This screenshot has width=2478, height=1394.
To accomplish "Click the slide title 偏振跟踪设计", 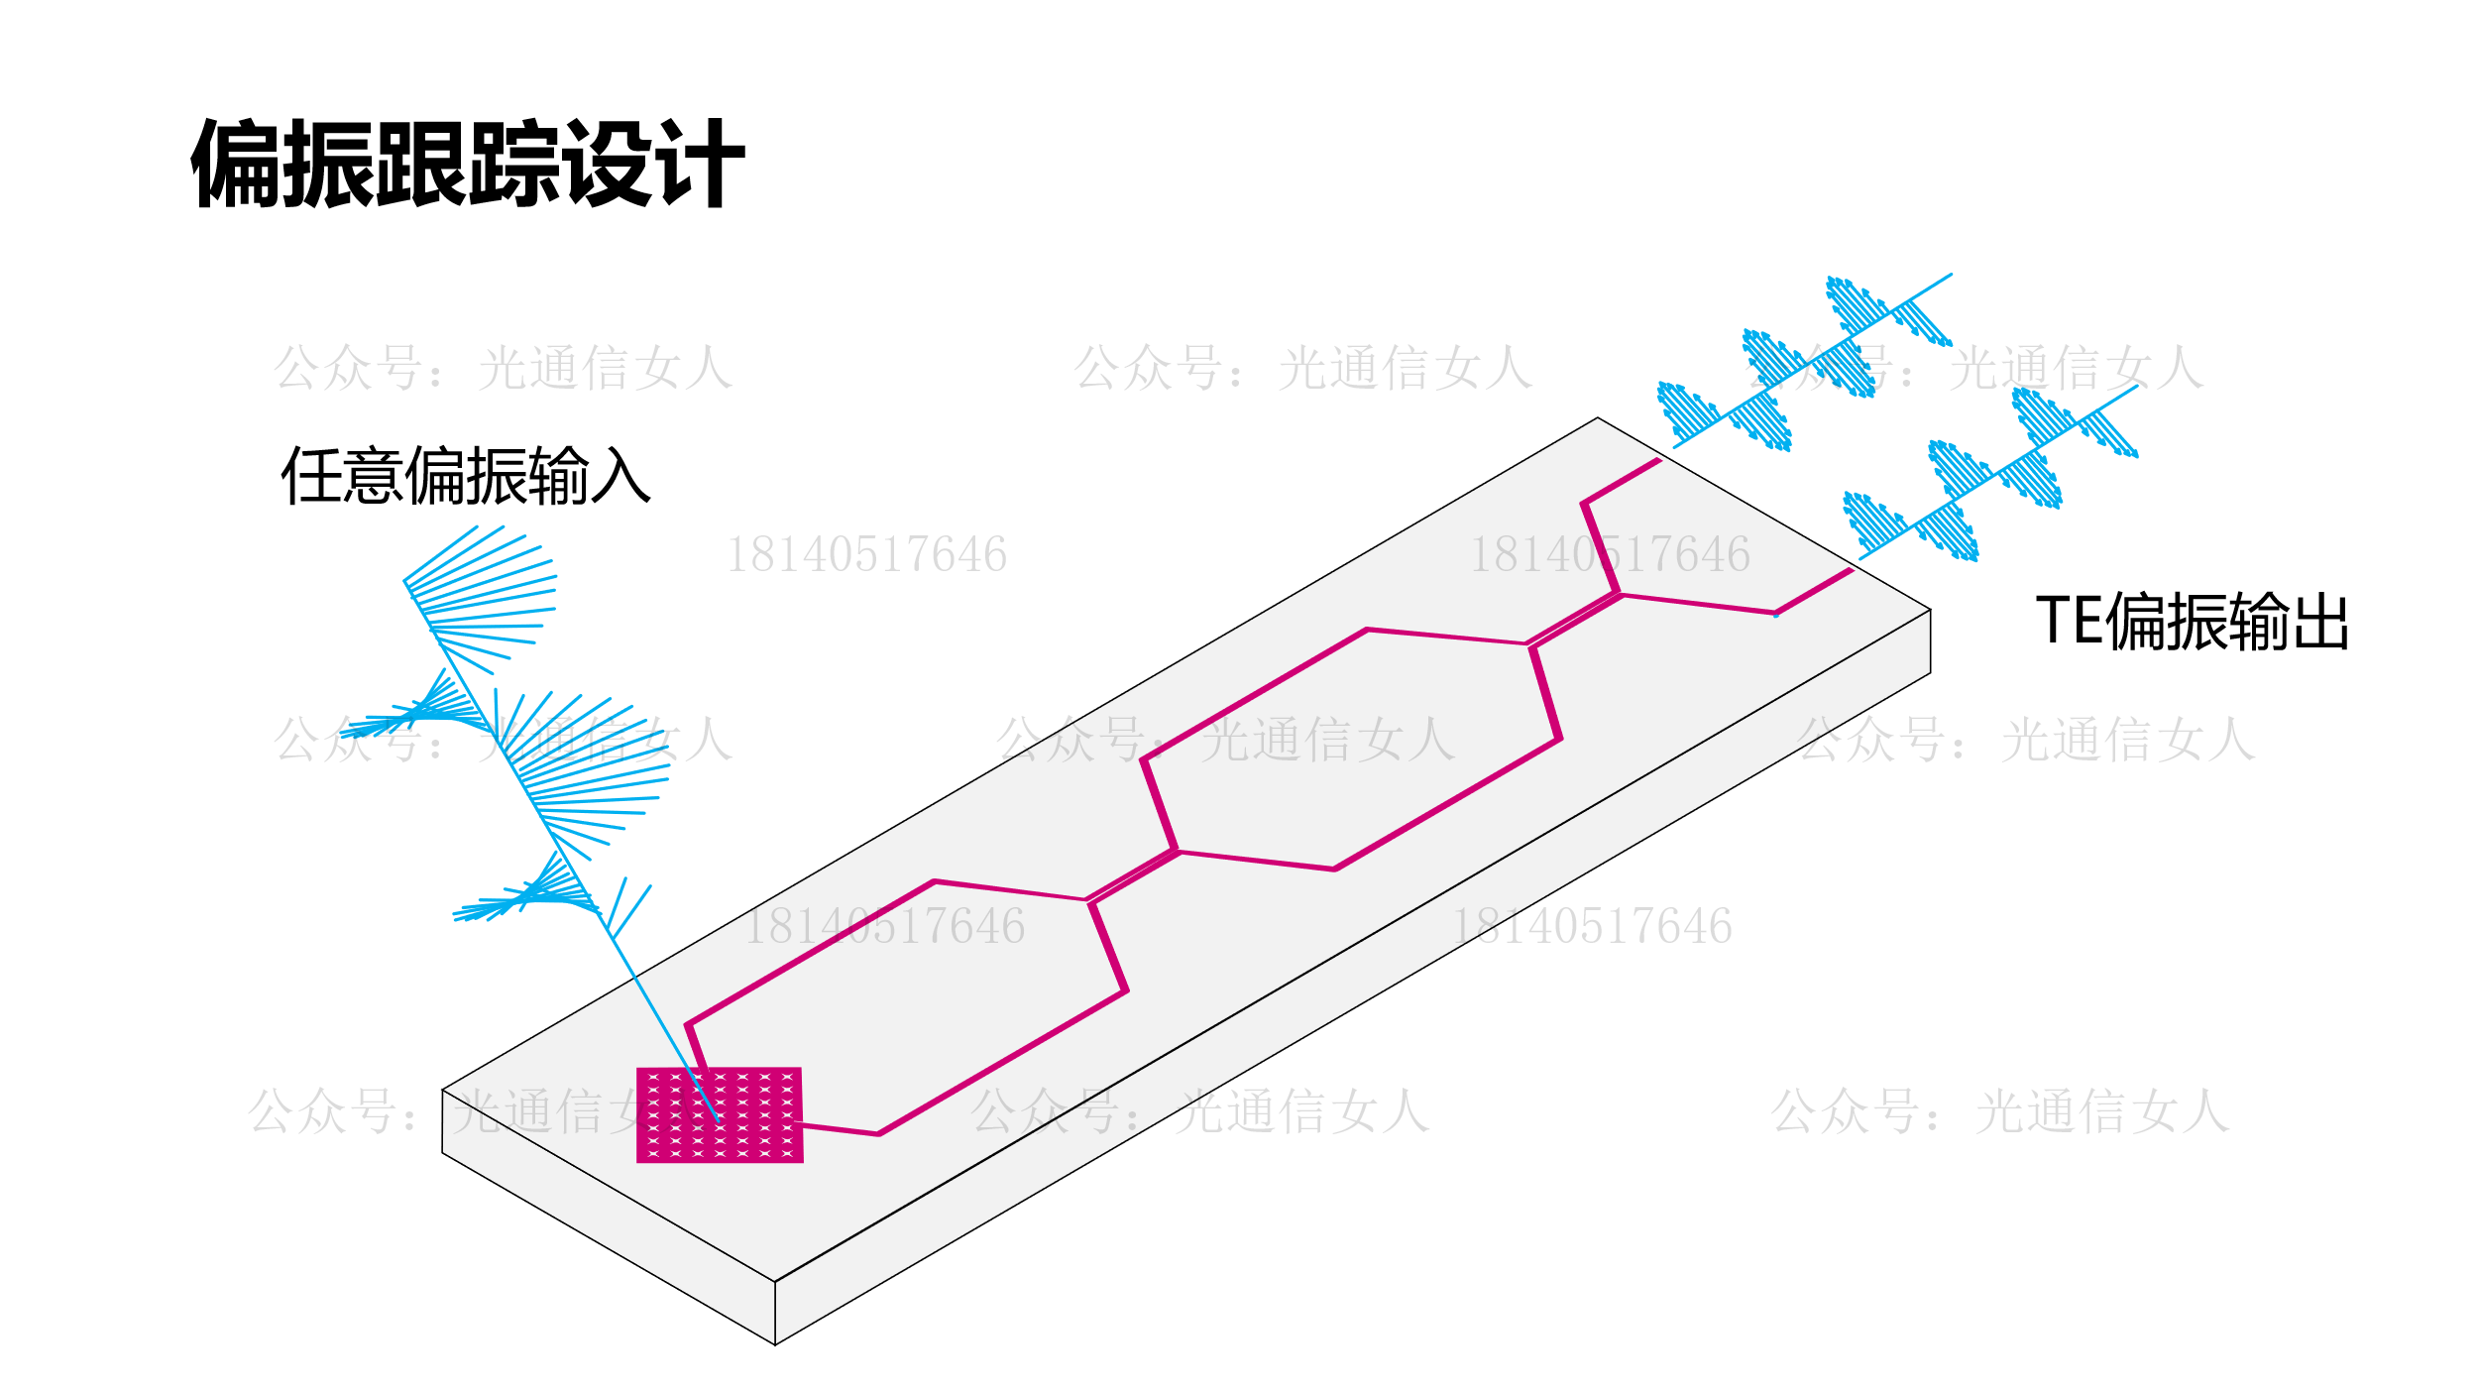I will tap(467, 164).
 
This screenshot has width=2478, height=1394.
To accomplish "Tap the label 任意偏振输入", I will tap(466, 477).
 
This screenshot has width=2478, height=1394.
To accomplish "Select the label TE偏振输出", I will tap(2192, 622).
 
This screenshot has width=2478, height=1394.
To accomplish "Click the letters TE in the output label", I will tap(2069, 621).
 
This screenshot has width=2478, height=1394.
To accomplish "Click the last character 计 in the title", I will tap(703, 164).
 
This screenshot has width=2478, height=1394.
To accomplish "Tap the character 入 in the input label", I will tap(620, 477).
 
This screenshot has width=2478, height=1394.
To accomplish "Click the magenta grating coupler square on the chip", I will tap(720, 1114).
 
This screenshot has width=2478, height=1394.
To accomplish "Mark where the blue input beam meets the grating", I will tap(716, 1118).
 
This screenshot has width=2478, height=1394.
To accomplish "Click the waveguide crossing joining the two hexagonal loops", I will tap(1133, 876).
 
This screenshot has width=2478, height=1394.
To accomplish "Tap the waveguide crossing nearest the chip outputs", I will tap(1573, 620).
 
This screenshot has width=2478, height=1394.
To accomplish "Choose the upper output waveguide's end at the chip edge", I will tap(1658, 460).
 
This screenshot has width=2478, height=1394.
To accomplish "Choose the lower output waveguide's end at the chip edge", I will tap(1851, 570).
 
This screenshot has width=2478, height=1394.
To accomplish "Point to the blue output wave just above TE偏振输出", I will tap(1992, 474).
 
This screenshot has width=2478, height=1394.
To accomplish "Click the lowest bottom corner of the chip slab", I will tap(775, 1344).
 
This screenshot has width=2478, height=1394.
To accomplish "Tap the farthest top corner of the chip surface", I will tap(1598, 418).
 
